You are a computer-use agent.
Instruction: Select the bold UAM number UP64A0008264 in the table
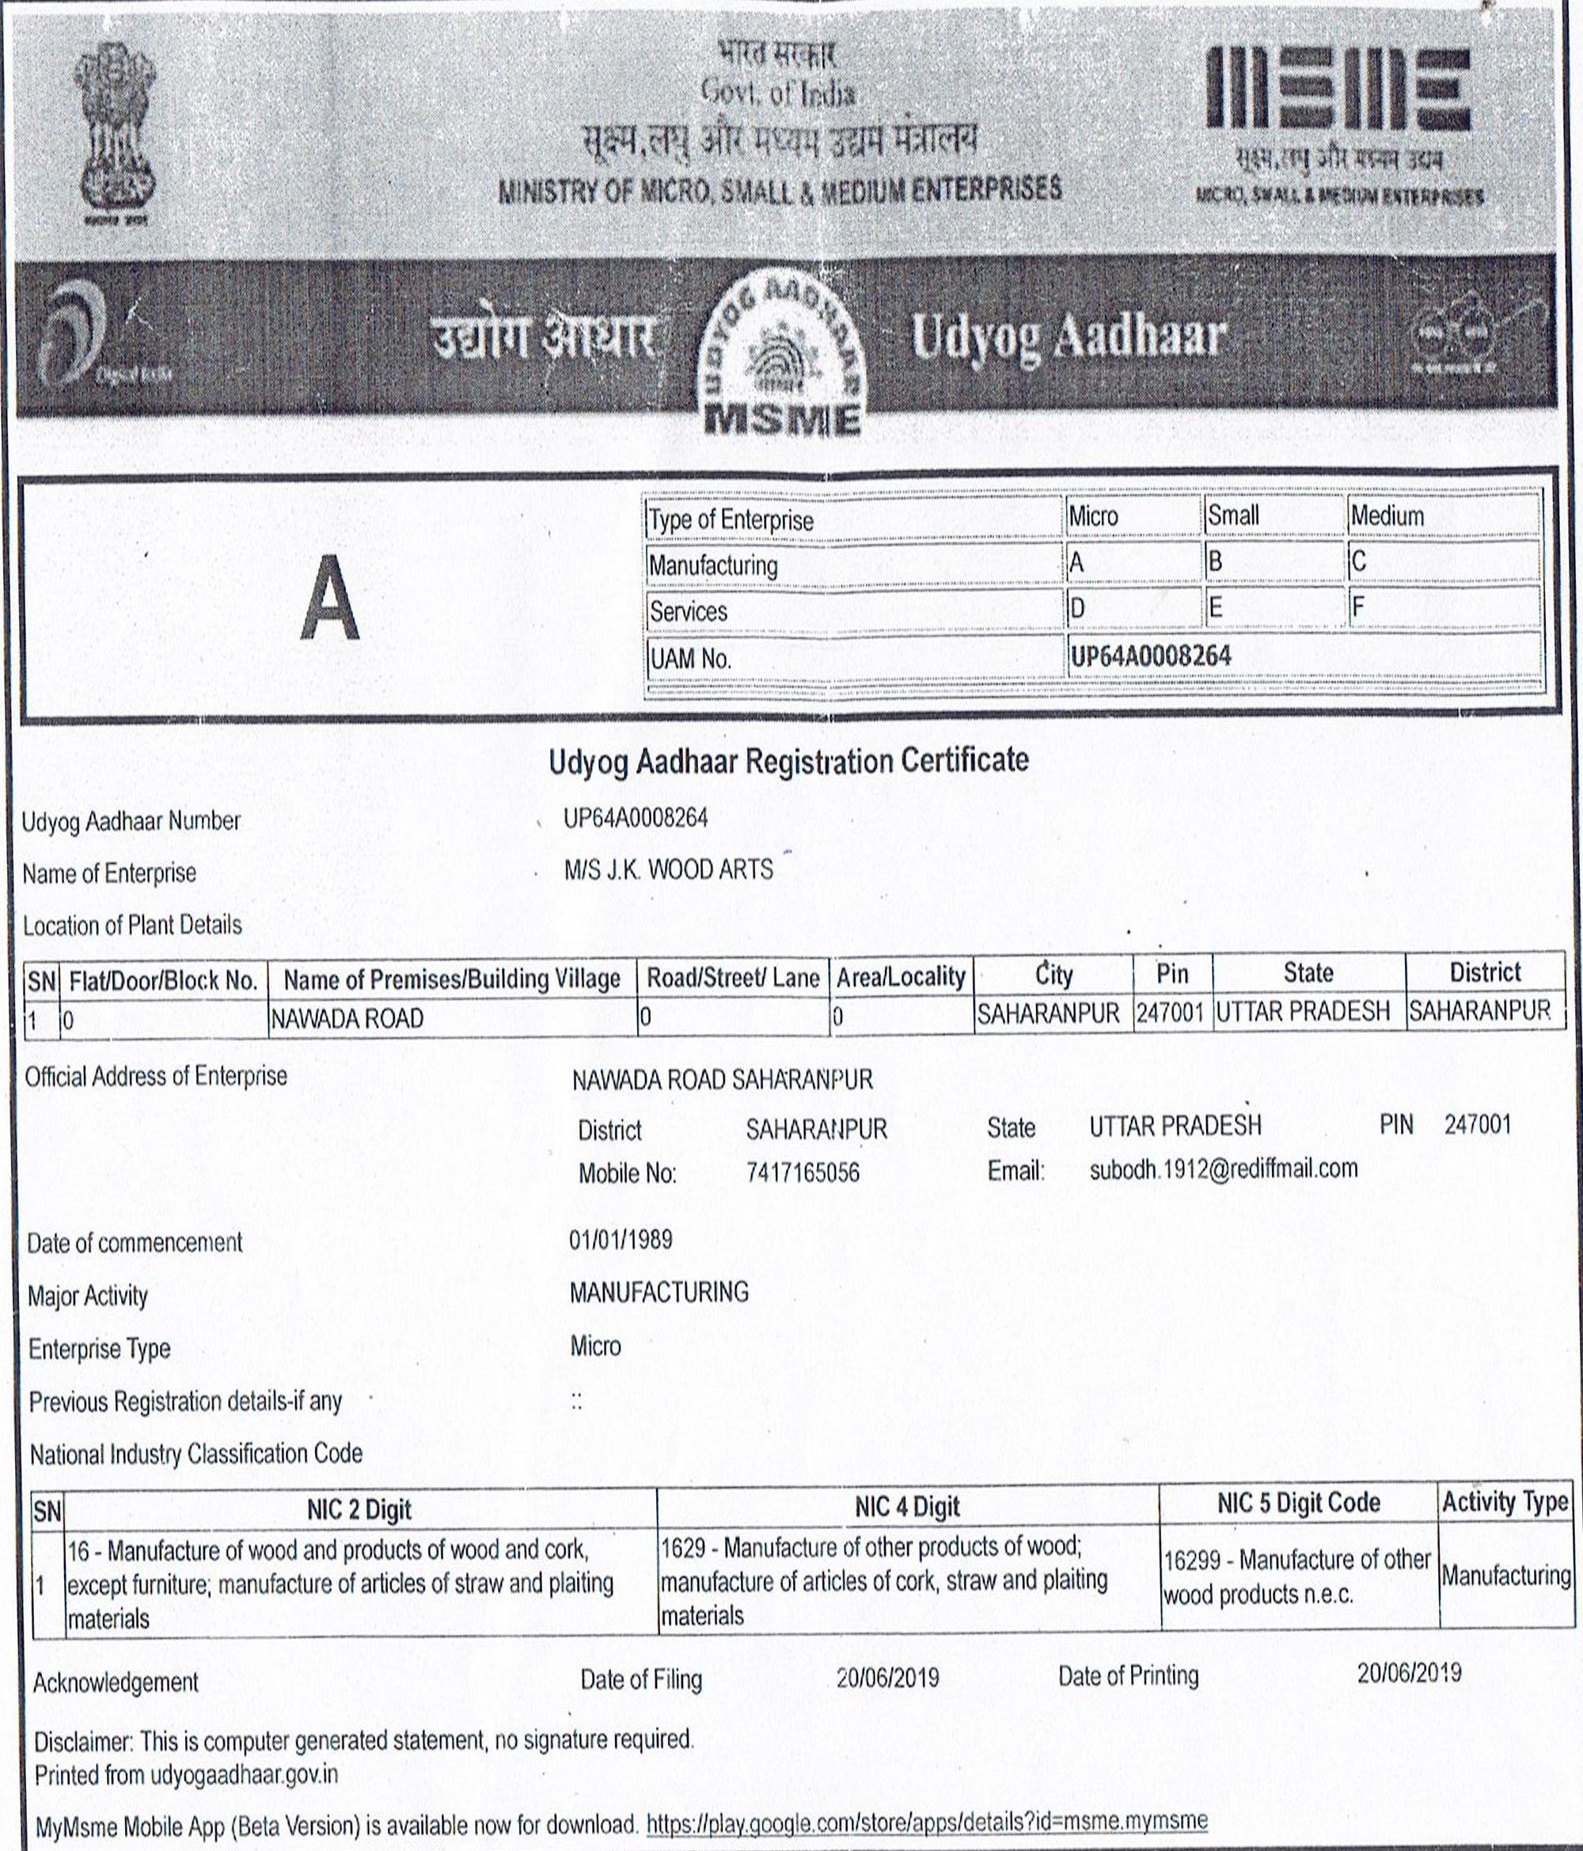1151,656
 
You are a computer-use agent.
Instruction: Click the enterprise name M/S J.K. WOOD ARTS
668,870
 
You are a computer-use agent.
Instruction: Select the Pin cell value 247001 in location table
1171,1013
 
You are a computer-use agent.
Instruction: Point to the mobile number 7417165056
803,1172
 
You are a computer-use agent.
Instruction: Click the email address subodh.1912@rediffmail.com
1223,1169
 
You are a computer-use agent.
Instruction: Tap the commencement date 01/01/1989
621,1240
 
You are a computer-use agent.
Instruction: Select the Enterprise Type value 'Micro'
595,1345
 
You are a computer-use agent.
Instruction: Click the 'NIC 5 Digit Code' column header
1298,1503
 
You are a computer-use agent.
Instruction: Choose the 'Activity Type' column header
1505,1503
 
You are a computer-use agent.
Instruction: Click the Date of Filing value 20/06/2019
887,1677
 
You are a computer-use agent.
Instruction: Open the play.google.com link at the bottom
926,1821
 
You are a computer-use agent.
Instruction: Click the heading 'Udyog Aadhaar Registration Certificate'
788,761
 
